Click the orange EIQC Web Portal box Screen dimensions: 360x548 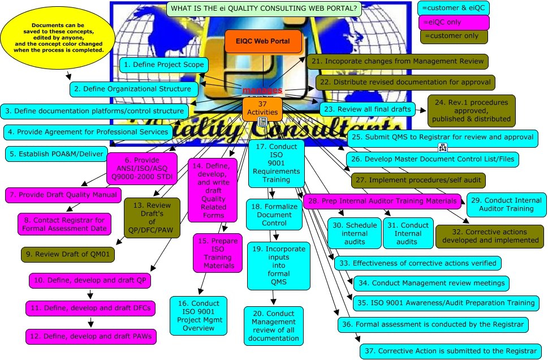click(x=263, y=42)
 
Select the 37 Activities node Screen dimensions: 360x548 click(x=262, y=107)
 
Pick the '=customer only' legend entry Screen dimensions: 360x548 click(x=452, y=36)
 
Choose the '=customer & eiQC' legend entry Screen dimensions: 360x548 click(x=453, y=8)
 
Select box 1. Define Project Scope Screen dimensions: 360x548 click(x=163, y=65)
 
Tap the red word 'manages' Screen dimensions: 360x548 click(x=262, y=91)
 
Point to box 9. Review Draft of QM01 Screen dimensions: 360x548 click(x=68, y=254)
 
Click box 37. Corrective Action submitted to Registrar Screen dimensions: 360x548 click(x=450, y=351)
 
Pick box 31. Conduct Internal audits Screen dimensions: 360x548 click(x=408, y=233)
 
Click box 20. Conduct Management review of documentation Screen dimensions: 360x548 click(x=274, y=325)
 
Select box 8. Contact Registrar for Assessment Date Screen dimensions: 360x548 click(x=63, y=224)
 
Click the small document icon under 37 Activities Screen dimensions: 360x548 click(x=262, y=122)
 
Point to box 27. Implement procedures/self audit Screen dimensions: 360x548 click(x=418, y=181)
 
